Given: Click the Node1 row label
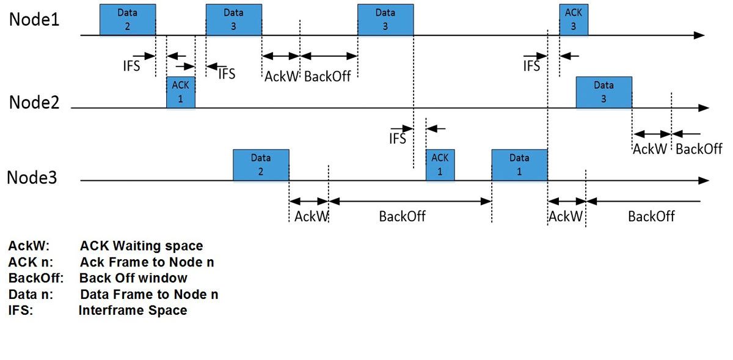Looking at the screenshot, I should tap(34, 20).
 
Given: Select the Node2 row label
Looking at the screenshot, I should tap(34, 102).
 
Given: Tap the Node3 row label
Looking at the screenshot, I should tap(32, 178).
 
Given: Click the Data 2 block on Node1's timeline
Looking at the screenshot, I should tap(128, 20).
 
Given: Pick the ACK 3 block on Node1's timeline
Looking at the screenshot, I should tap(574, 20).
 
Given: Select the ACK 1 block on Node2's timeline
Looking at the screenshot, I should tap(181, 92).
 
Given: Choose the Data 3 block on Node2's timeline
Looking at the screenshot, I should tap(604, 92).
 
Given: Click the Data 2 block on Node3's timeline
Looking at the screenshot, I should tap(261, 165).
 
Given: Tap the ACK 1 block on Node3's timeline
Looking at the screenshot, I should tap(440, 165).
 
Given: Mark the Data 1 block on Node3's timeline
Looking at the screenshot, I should tap(519, 165).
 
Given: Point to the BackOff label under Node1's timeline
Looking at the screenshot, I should tap(327, 77).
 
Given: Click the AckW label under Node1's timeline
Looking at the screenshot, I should tap(281, 77).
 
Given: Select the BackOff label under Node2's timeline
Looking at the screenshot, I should tap(699, 149).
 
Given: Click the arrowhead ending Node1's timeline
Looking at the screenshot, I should tap(699, 35).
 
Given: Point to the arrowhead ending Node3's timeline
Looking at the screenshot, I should tap(703, 181).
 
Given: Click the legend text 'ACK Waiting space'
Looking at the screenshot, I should tap(141, 246).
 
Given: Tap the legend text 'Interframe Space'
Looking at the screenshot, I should tap(133, 310).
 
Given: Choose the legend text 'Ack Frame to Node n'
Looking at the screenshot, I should tap(147, 262).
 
